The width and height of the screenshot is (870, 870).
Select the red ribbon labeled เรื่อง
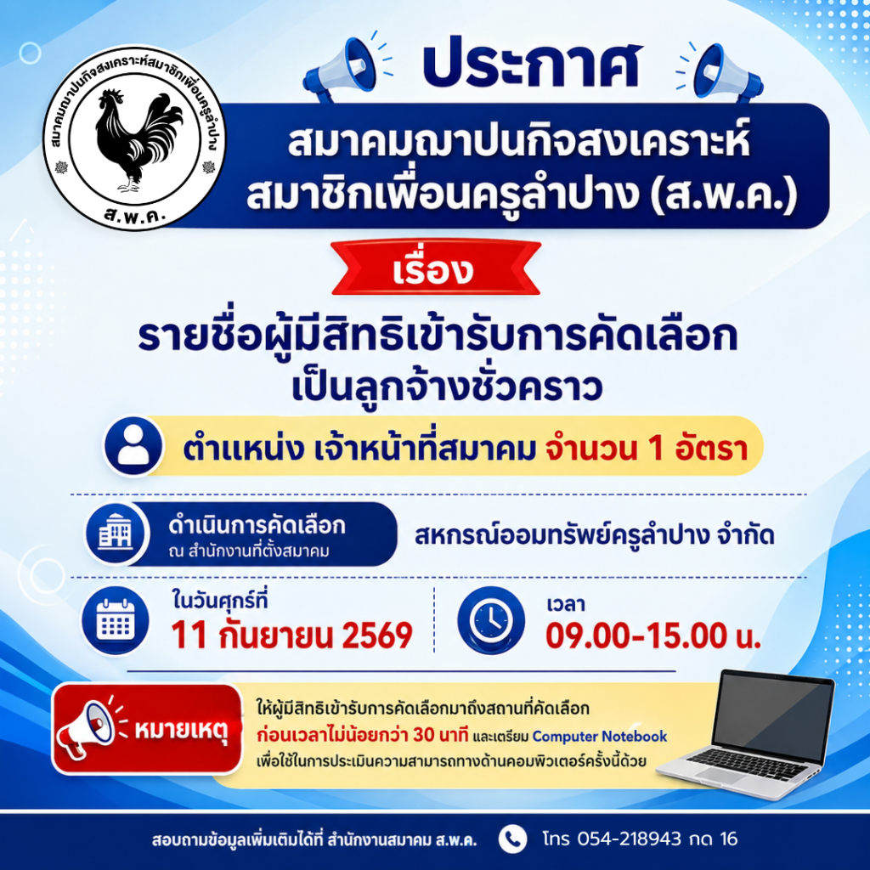coord(436,268)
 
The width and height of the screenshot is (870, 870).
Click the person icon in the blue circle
coord(133,446)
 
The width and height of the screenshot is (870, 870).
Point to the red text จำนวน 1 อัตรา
coord(647,449)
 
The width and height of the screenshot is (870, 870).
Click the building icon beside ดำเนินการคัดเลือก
coord(116,532)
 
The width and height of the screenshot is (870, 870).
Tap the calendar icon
coord(116,620)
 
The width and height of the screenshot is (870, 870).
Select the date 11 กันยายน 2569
coord(292,636)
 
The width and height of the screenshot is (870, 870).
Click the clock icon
coord(491,619)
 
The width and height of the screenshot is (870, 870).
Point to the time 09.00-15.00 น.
coord(652,636)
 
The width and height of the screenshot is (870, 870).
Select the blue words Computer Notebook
coord(600,737)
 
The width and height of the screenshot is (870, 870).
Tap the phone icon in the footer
coord(512,839)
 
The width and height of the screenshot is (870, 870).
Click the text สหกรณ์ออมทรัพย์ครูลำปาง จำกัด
coord(594,536)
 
